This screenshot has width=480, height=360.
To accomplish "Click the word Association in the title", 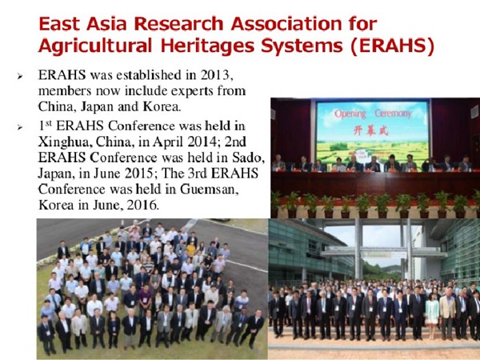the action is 286,23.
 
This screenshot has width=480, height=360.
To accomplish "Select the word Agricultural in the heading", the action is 95,46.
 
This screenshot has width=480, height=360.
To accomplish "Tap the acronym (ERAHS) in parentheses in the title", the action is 393,46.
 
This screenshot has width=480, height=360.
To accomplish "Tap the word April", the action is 168,142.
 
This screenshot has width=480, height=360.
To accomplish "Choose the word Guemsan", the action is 209,189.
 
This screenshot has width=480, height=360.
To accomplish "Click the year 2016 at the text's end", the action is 143,205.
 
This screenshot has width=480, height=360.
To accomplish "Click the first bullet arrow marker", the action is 20,76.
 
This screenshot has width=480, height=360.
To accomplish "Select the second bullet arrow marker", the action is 20,126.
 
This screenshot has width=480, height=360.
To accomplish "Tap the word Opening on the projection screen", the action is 350,114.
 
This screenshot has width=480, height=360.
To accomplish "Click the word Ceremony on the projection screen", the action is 393,114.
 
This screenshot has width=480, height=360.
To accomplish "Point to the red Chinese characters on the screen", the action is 370,130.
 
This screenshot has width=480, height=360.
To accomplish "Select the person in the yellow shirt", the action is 190,249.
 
